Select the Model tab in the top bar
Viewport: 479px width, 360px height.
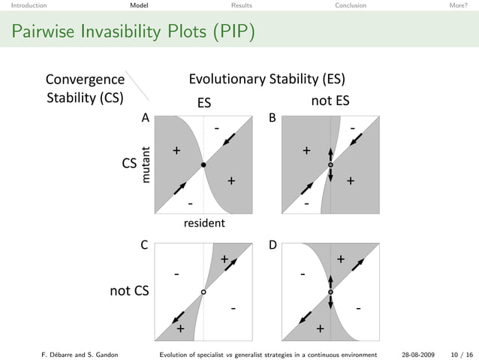pos(138,5)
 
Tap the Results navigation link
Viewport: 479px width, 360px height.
pos(241,5)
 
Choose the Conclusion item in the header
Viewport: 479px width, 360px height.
pos(351,5)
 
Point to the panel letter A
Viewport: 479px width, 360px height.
pos(146,118)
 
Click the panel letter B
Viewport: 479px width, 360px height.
pos(273,118)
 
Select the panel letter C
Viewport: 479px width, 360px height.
pos(144,245)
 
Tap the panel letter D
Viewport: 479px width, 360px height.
pos(273,245)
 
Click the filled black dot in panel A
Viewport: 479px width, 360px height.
pos(203,165)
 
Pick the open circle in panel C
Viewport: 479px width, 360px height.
pos(203,292)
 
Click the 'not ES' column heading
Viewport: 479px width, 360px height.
pos(330,101)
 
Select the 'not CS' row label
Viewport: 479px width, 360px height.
pos(129,292)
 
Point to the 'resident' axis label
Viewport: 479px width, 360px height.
pos(204,223)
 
